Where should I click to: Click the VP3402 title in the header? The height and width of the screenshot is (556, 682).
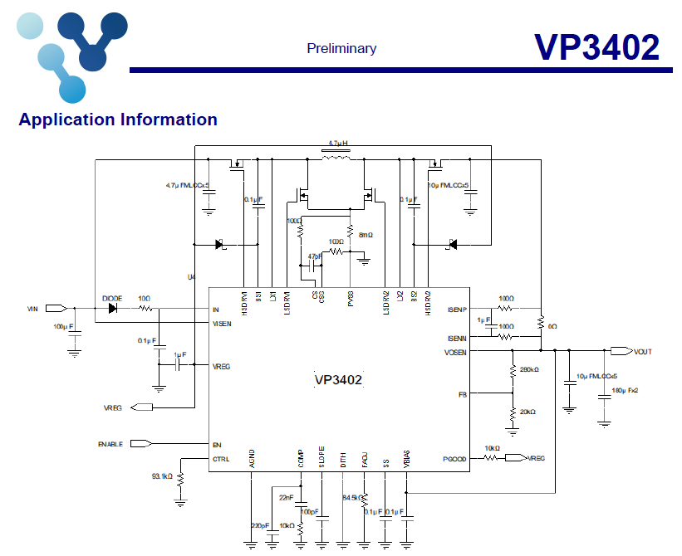click(596, 47)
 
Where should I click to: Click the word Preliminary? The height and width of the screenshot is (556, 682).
click(341, 48)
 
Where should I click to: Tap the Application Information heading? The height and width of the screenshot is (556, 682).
click(118, 119)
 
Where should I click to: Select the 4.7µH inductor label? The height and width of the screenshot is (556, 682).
click(338, 143)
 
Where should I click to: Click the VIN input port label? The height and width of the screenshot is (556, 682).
click(32, 309)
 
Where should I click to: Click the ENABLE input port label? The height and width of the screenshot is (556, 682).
click(110, 444)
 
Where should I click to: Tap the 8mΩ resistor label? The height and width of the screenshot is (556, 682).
click(366, 235)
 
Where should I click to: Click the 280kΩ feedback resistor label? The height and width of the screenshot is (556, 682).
click(528, 369)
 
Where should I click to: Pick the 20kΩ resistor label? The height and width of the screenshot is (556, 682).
click(527, 412)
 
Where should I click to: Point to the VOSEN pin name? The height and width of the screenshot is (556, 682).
click(455, 353)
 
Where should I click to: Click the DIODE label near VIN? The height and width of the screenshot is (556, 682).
click(112, 298)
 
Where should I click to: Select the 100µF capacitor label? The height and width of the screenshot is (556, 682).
click(63, 326)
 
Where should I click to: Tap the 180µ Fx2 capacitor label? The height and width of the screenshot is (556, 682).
click(625, 389)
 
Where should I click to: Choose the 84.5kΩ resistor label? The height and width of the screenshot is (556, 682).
click(352, 498)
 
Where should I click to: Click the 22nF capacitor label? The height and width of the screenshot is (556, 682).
click(287, 497)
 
